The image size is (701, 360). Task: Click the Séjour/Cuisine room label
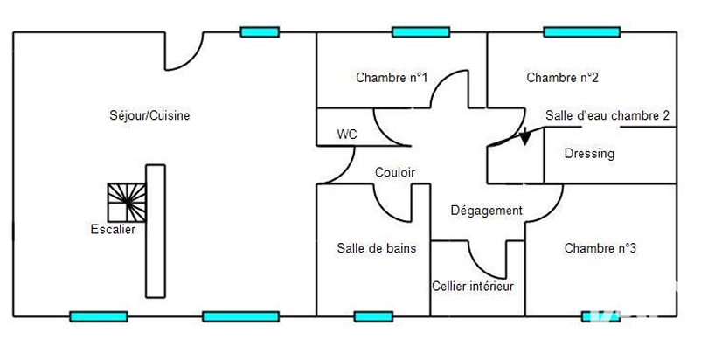(x=149, y=115)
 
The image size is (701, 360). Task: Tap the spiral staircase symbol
(x=127, y=203)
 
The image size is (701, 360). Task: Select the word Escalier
(x=113, y=230)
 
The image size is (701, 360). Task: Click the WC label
(x=347, y=134)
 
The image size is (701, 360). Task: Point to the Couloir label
(x=395, y=172)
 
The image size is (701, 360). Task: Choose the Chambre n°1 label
(x=392, y=78)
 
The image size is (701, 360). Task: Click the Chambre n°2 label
(x=562, y=78)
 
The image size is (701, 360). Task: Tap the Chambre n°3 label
(x=600, y=248)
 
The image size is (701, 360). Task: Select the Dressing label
(x=589, y=154)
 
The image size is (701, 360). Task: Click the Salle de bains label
(x=377, y=248)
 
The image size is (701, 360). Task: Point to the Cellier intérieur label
(x=473, y=287)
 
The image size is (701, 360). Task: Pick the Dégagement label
(x=486, y=211)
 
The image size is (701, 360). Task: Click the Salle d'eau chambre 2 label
(x=607, y=115)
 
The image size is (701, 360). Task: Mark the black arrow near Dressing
(x=525, y=136)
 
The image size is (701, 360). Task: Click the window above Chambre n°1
(x=420, y=32)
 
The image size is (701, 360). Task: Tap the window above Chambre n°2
(x=582, y=32)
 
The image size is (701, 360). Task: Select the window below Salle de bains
(x=373, y=316)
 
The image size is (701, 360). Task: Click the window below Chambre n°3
(x=600, y=316)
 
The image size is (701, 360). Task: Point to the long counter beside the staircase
(x=156, y=232)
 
